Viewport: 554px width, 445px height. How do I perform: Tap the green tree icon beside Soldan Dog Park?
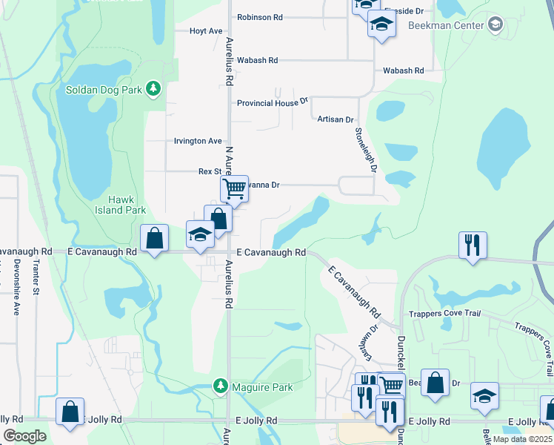[x=153, y=90]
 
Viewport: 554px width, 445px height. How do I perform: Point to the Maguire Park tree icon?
[x=220, y=386]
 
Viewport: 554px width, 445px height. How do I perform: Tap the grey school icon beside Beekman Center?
[x=495, y=25]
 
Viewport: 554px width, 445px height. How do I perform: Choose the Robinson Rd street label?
[x=260, y=16]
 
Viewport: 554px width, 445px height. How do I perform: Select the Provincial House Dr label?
[x=272, y=102]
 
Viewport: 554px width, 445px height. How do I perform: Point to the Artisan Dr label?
[x=336, y=119]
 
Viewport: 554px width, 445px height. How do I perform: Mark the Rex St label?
[x=210, y=171]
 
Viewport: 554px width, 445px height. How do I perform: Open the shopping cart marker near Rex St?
[x=234, y=188]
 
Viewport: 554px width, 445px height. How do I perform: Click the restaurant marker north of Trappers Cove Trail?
[x=473, y=244]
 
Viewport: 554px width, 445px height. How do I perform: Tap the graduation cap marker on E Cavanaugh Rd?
[x=200, y=234]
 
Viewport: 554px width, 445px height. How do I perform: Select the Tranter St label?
[x=34, y=279]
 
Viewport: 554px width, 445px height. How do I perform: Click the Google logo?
[x=25, y=436]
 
